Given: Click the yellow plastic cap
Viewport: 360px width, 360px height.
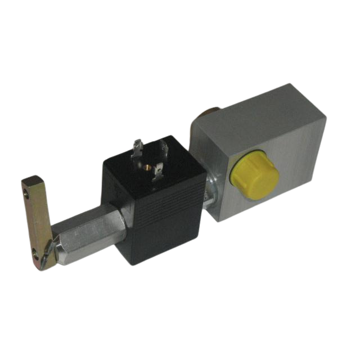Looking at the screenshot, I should click(x=256, y=175).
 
